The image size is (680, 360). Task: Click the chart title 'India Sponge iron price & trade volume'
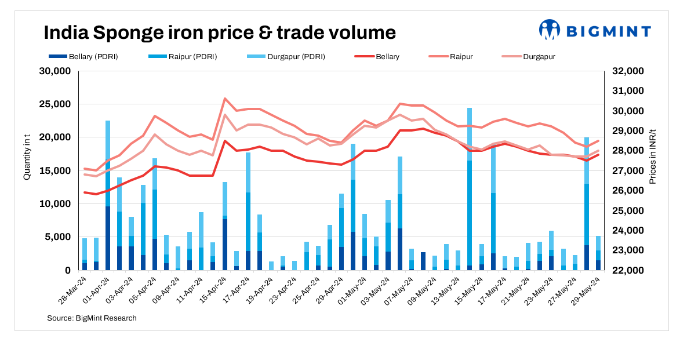point(220,32)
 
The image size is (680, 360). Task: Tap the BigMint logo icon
point(549,30)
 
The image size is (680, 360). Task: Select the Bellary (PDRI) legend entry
point(83,57)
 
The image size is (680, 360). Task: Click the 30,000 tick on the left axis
point(54,71)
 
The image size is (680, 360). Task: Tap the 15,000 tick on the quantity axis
point(54,171)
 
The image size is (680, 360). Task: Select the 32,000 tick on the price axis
point(628,71)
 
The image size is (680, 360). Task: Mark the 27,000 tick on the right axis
point(628,171)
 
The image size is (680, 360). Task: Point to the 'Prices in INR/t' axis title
point(653,157)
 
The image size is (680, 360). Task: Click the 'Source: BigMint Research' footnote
point(92,318)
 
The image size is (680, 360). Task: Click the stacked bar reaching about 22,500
point(108,197)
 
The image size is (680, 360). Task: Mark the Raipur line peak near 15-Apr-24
point(225,99)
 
